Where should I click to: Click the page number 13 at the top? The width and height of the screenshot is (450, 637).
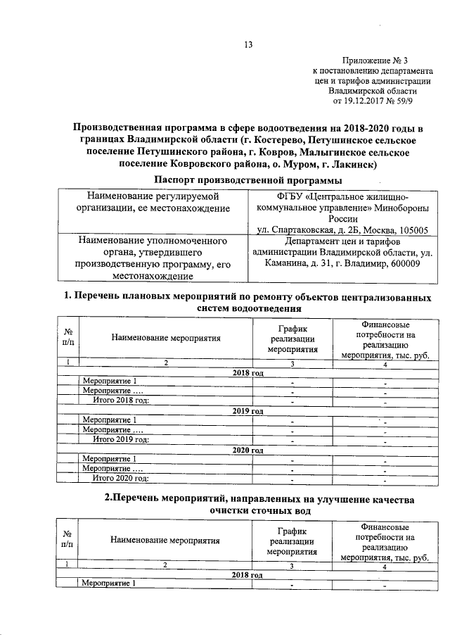pyautogui.click(x=247, y=46)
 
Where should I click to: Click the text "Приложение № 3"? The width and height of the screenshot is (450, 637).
pyautogui.click(x=373, y=62)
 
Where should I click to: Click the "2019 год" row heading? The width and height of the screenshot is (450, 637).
pyautogui.click(x=247, y=410)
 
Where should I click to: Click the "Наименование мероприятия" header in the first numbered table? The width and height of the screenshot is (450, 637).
pyautogui.click(x=166, y=338)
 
